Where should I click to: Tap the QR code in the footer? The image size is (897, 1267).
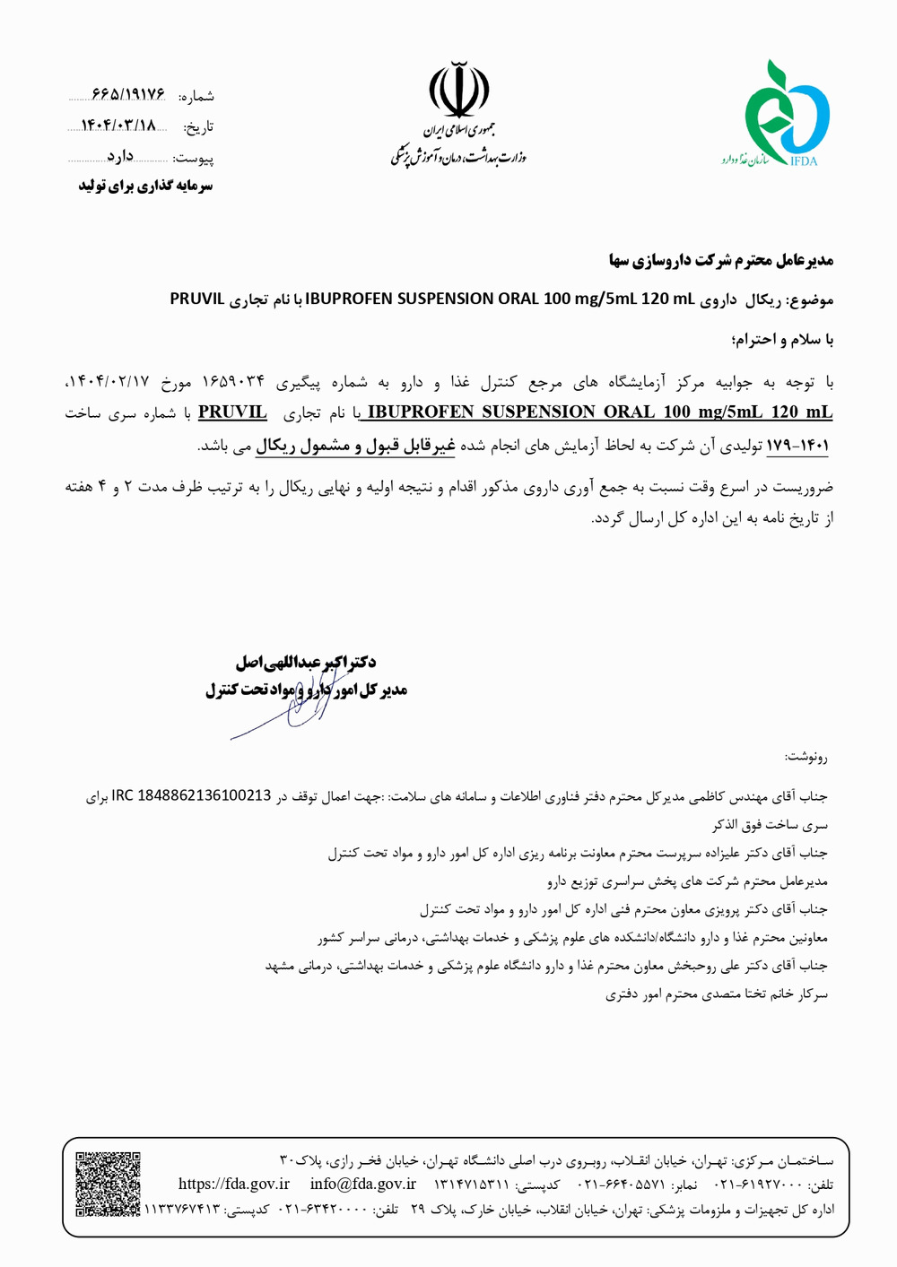[x=108, y=1184]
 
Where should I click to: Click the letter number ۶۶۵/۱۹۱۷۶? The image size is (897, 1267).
[x=129, y=94]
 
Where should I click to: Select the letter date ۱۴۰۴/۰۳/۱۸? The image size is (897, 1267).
[x=119, y=126]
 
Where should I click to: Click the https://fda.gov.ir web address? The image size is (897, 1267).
[x=234, y=1184]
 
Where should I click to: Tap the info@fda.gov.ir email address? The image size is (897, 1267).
[x=363, y=1184]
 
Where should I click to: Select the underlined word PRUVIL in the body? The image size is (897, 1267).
[x=232, y=412]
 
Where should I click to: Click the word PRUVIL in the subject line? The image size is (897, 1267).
[x=197, y=299]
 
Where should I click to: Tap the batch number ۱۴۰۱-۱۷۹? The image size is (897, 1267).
[x=797, y=445]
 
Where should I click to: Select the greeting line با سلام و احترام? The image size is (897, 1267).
[x=782, y=340]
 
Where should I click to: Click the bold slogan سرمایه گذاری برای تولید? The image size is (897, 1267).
[x=145, y=186]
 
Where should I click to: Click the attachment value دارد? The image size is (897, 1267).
[x=120, y=157]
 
